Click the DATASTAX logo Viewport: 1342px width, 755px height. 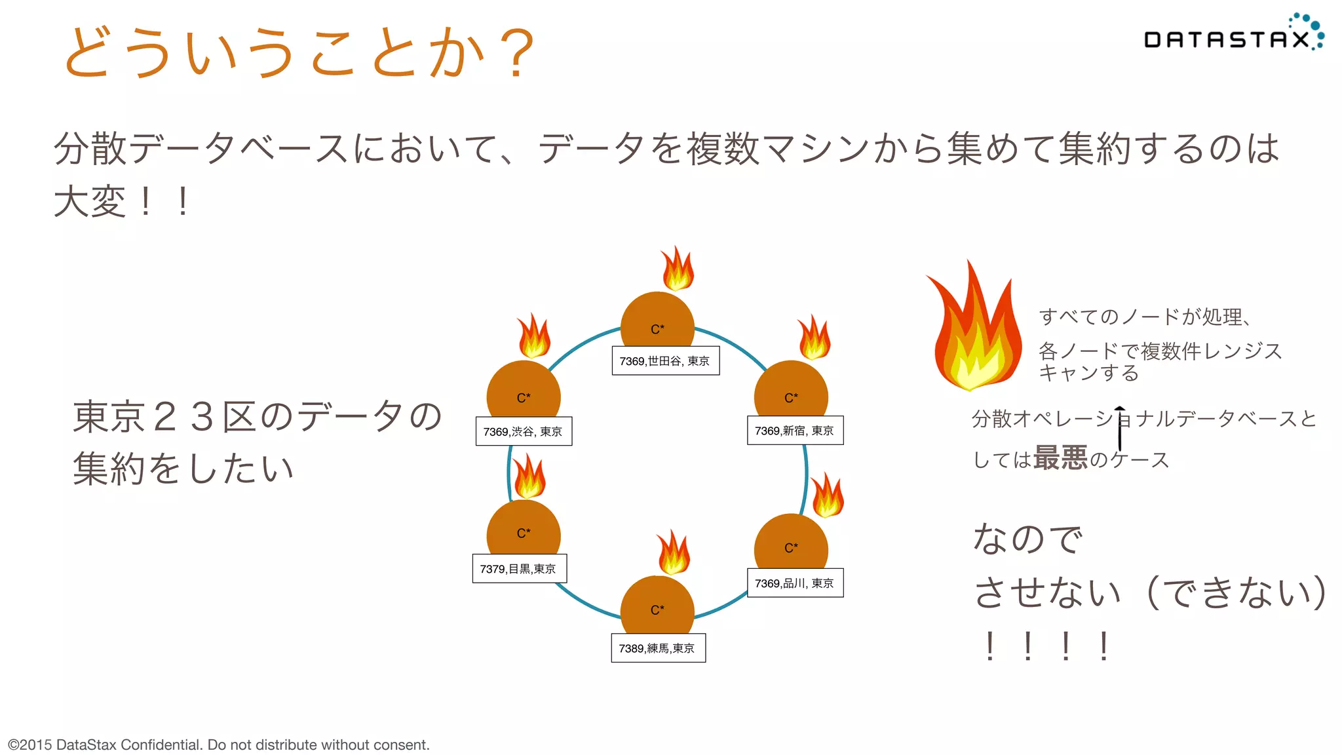1232,36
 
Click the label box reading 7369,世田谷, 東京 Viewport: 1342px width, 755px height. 665,361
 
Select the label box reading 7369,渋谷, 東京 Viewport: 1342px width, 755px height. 524,431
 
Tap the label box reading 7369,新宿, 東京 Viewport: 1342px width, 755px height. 795,431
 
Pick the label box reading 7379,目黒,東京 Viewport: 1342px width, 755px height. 519,569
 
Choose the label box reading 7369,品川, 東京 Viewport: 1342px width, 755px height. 795,583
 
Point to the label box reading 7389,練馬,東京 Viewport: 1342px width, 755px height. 658,648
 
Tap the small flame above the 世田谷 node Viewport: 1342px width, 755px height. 678,269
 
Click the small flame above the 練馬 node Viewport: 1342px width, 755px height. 674,553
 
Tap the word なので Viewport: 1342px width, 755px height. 1027,539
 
